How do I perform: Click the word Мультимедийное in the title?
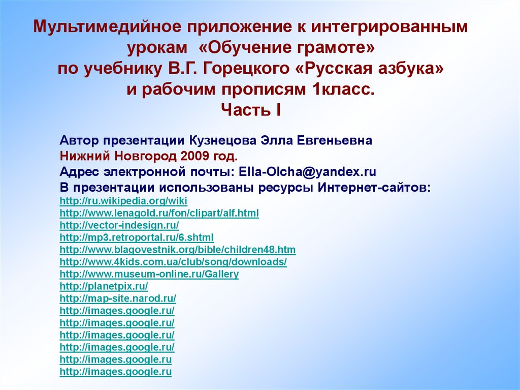[x=104, y=27]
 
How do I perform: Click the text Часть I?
[x=251, y=109]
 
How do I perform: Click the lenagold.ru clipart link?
[x=159, y=213]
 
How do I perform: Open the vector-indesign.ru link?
[x=119, y=225]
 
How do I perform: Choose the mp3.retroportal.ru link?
[x=137, y=237]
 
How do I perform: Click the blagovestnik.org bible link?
[x=178, y=250]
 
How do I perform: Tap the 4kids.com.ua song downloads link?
[x=173, y=262]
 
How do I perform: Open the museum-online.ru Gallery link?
[x=149, y=274]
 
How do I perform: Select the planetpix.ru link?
[x=104, y=286]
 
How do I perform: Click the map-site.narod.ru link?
[x=118, y=298]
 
